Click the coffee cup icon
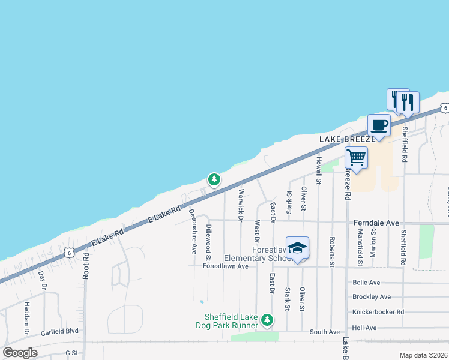378,125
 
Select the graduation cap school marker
297,248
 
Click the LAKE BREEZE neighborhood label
348,139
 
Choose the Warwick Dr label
241,202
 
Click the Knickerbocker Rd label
379,312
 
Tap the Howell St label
319,170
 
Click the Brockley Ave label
372,297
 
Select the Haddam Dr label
27,317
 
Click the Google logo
20,353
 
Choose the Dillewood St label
208,242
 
